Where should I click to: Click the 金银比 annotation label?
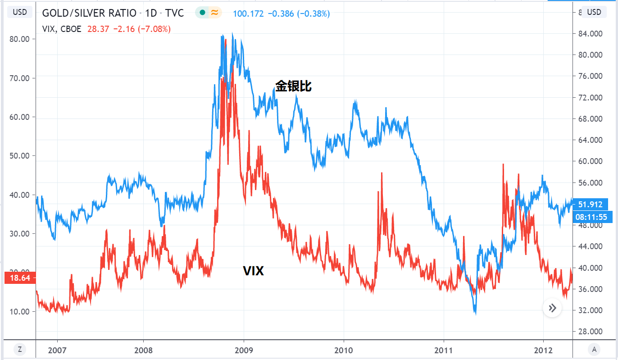tap(293, 86)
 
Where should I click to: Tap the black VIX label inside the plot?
tap(253, 271)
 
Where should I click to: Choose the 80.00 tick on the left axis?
tap(19, 39)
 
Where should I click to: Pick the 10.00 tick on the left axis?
tap(19, 311)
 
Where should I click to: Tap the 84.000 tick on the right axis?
tap(590, 34)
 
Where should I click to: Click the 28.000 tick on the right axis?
tap(590, 332)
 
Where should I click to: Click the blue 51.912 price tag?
tap(590, 204)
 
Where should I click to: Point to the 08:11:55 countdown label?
tap(590, 218)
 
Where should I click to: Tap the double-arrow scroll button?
tap(552, 308)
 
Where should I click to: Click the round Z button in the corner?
tap(19, 349)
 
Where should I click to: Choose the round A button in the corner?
tap(594, 349)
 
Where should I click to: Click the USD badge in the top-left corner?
tap(19, 12)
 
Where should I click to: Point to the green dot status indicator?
tap(202, 13)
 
